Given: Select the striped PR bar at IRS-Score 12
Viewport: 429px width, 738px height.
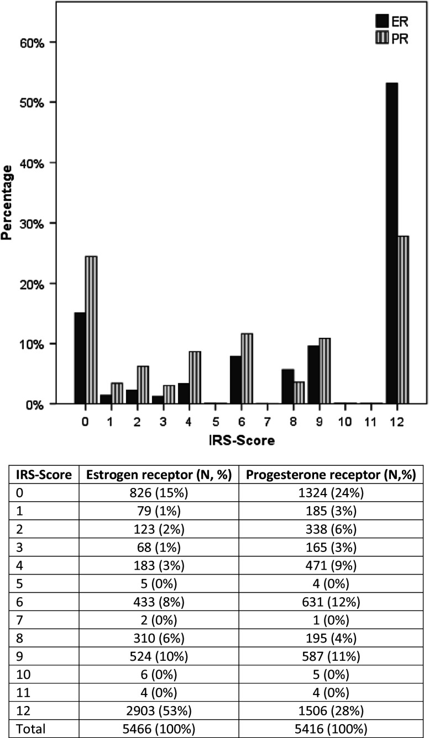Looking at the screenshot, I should coord(403,320).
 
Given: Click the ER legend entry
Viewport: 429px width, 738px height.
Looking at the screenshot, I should coord(390,21).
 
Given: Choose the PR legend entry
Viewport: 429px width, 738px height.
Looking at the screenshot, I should coord(390,39).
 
